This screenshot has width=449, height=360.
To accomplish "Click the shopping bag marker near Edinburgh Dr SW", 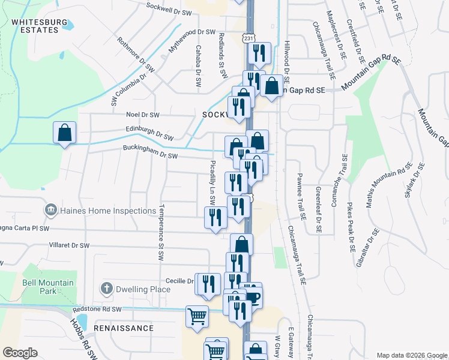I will [64, 132].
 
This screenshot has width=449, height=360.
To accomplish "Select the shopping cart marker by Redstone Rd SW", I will [197, 316].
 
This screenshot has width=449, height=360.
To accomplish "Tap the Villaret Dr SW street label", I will [68, 245].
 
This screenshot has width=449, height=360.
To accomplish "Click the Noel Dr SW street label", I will [142, 115].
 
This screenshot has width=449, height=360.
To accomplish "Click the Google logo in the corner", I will [20, 353].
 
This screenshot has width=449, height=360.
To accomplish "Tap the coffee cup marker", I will [253, 296].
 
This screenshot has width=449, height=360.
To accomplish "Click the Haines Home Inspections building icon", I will [50, 211].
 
